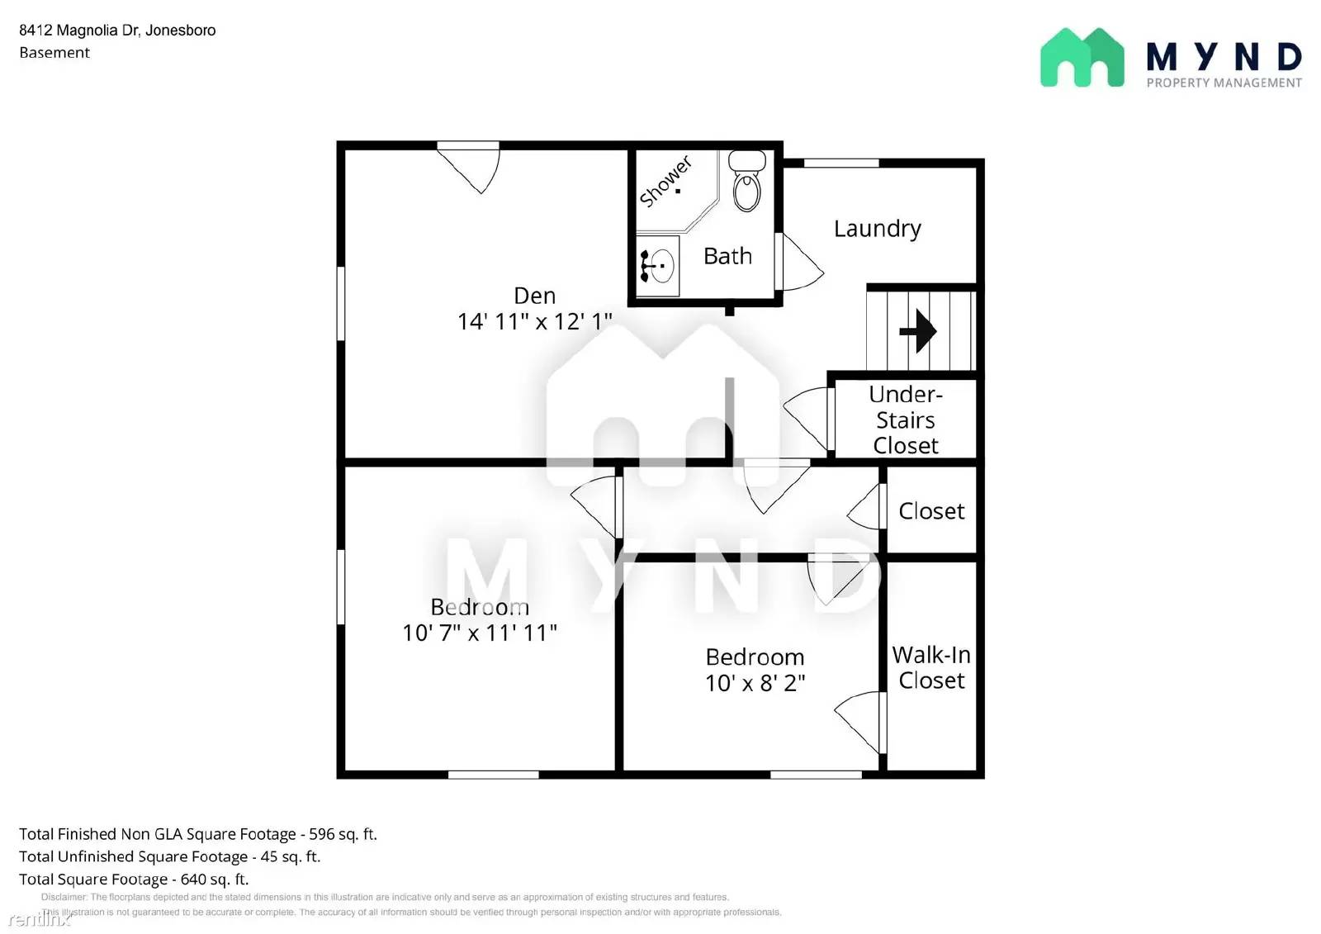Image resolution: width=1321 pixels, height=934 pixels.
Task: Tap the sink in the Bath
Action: [658, 266]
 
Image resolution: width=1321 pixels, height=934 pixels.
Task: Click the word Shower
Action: [665, 182]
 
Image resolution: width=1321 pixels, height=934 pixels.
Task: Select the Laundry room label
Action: [877, 229]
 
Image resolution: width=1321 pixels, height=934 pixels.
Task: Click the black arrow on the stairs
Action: [918, 331]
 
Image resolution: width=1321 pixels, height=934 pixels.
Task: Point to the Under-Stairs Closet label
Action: [906, 420]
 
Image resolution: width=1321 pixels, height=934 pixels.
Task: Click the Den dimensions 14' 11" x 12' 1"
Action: [534, 321]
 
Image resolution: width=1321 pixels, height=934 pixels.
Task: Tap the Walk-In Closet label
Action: [931, 667]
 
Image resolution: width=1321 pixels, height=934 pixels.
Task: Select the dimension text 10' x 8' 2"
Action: [755, 683]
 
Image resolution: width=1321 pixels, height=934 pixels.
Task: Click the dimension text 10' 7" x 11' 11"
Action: [479, 633]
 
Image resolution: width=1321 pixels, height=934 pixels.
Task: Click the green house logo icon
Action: [1082, 58]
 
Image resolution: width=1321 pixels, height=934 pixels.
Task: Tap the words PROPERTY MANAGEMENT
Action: [1224, 83]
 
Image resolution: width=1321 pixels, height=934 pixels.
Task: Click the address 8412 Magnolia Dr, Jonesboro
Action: [117, 31]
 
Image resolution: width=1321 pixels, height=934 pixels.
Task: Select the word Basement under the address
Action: [54, 53]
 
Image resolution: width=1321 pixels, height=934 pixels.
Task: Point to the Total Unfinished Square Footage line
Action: [169, 856]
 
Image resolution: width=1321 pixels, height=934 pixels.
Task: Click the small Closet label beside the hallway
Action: [931, 511]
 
